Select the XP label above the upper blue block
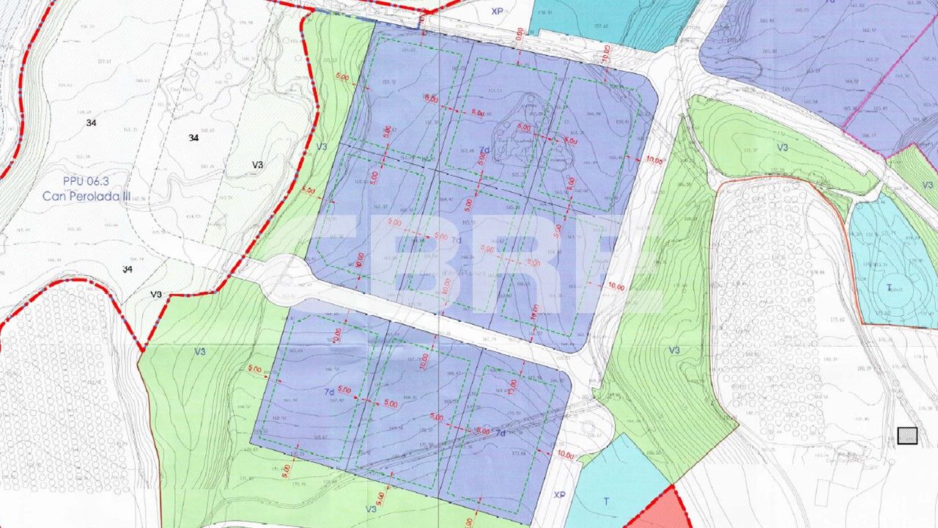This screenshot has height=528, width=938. tap(498, 11)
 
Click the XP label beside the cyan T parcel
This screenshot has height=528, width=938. tap(560, 495)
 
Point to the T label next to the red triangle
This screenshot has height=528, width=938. tap(606, 502)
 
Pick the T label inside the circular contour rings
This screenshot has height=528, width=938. tap(890, 287)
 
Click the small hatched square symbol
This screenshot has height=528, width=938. tap(907, 436)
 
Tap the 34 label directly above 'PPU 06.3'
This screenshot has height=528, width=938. tap(91, 122)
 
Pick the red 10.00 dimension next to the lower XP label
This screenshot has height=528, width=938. tap(565, 455)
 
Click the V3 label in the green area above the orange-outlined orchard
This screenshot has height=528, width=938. tap(783, 147)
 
